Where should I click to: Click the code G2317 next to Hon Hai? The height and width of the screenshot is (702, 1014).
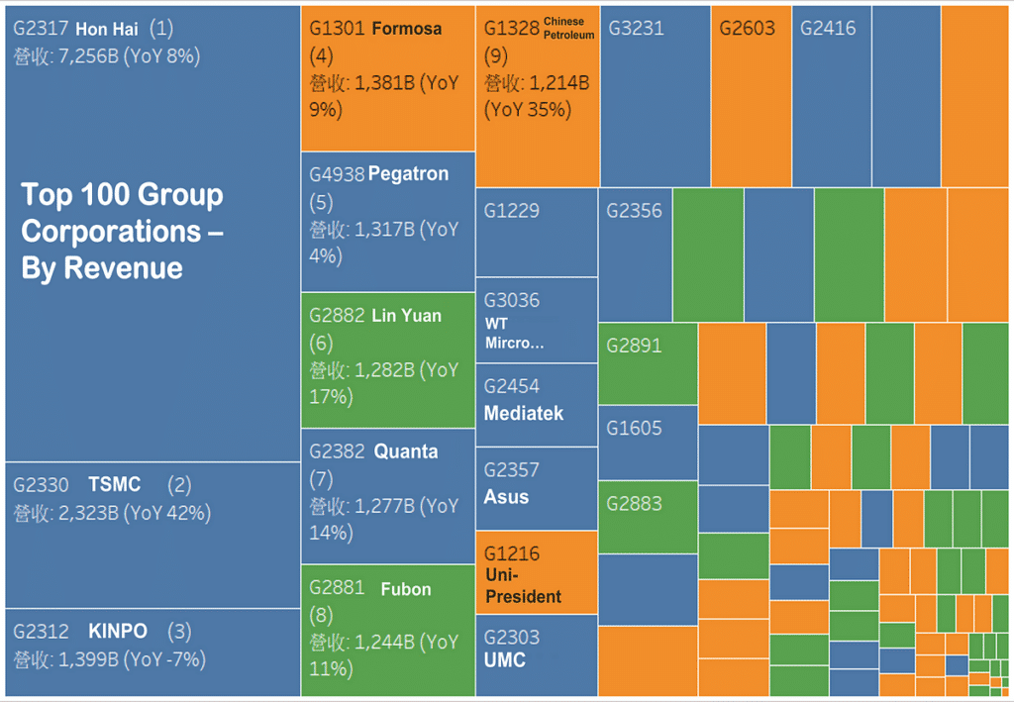coord(41,30)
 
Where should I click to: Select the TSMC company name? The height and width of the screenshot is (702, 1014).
coord(115,485)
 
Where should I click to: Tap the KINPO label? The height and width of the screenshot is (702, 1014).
coord(118,632)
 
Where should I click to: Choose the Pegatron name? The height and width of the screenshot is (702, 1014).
coord(408,174)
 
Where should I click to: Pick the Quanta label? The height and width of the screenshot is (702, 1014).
coord(406,451)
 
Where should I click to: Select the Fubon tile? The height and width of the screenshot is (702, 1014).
coord(388,629)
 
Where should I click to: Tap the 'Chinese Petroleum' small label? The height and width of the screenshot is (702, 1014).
coord(569,28)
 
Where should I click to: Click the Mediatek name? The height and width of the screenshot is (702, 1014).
coord(523,413)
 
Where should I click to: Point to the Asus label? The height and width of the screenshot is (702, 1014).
coord(506,497)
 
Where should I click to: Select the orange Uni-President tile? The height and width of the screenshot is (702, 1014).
coord(537,572)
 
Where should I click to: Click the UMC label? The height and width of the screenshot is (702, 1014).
coord(505,660)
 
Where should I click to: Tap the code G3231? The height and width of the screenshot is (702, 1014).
coord(636,29)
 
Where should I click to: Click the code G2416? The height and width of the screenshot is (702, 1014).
coord(828,29)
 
